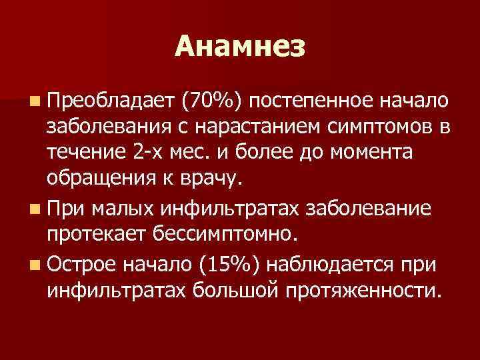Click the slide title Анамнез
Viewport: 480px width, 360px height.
[240, 46]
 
